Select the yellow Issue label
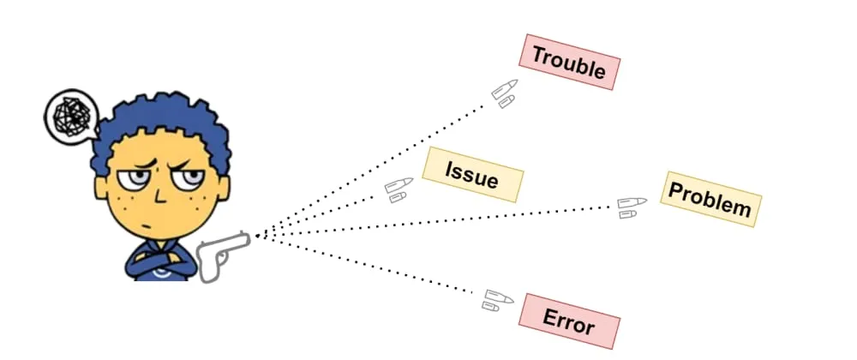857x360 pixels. tap(472, 174)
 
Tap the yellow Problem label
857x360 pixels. tap(710, 199)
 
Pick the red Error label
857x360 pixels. tap(569, 321)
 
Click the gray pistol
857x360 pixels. tap(221, 254)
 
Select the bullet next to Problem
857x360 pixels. tap(632, 206)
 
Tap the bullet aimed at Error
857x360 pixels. tap(495, 300)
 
